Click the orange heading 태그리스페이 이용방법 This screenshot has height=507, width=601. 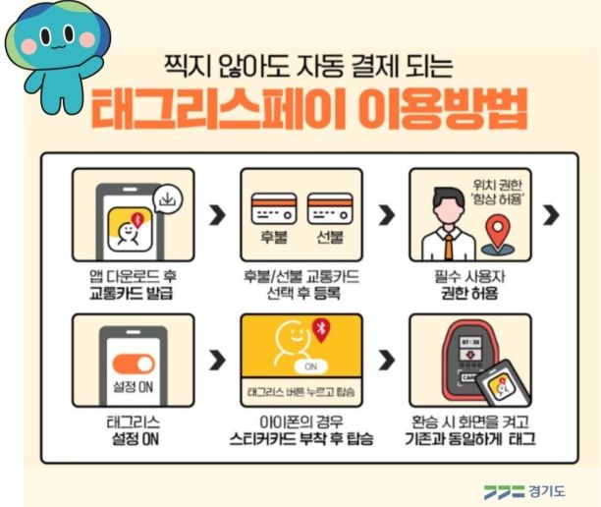pyautogui.click(x=309, y=109)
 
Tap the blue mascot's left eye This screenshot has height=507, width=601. pyautogui.click(x=45, y=36)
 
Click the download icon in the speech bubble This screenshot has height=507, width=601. pyautogui.click(x=168, y=199)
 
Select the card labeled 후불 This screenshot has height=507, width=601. pyautogui.click(x=274, y=208)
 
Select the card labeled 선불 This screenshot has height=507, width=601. pyautogui.click(x=330, y=208)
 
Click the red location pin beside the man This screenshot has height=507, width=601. pyautogui.click(x=498, y=232)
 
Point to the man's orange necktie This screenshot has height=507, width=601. pyautogui.click(x=448, y=247)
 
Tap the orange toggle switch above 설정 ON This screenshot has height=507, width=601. pyautogui.click(x=134, y=365)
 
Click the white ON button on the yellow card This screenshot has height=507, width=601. pyautogui.click(x=311, y=367)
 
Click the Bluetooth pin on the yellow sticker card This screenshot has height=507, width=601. pyautogui.click(x=321, y=329)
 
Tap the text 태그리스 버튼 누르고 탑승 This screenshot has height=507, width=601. pyautogui.click(x=301, y=392)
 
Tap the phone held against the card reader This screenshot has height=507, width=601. pyautogui.click(x=504, y=384)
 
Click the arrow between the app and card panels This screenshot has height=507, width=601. pyautogui.click(x=218, y=215)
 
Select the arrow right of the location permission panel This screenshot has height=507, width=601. pyautogui.click(x=551, y=215)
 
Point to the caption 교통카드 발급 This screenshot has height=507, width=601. pyautogui.click(x=131, y=294)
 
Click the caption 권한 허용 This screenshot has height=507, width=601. pyautogui.click(x=469, y=294)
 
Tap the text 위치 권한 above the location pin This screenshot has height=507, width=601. pyautogui.click(x=498, y=186)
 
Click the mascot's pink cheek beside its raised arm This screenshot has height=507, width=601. pyautogui.click(x=87, y=40)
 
